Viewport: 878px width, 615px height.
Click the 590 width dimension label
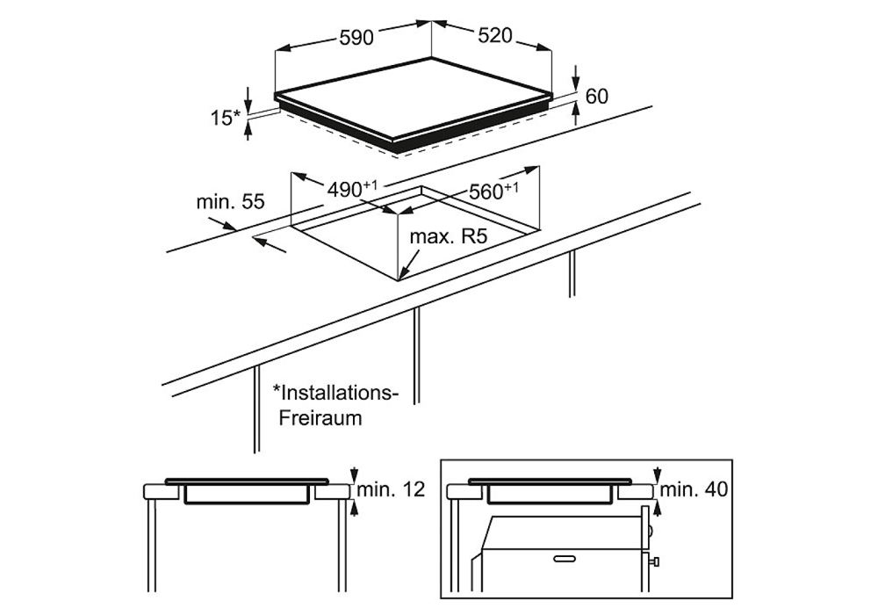point(356,38)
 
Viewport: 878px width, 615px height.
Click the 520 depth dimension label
point(495,35)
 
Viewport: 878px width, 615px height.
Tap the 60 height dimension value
point(596,97)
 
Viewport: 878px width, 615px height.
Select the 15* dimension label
point(225,118)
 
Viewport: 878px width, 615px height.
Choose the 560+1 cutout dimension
point(493,191)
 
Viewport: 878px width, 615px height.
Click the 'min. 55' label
point(230,202)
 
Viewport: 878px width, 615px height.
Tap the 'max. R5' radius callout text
point(449,236)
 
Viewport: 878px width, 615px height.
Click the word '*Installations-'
point(335,392)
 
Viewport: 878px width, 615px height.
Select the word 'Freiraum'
point(320,418)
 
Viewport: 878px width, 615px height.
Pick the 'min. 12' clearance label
point(391,489)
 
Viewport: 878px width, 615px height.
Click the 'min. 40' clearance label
point(694,489)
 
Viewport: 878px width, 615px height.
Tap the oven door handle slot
point(566,559)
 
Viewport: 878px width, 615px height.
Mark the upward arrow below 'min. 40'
point(658,508)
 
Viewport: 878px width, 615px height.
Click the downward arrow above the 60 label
point(576,77)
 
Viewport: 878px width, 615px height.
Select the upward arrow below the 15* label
point(248,131)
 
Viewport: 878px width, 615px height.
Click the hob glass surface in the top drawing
point(414,98)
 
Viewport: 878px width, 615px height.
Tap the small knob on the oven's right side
point(655,561)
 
